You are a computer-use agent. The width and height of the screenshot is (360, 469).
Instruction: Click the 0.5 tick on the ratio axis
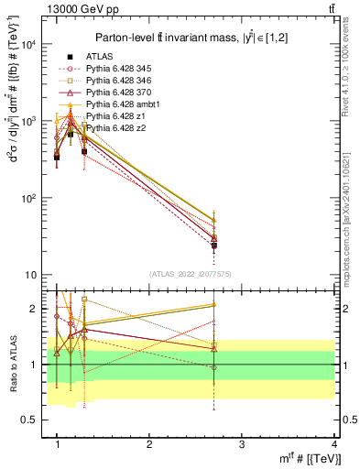pos(29,420)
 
